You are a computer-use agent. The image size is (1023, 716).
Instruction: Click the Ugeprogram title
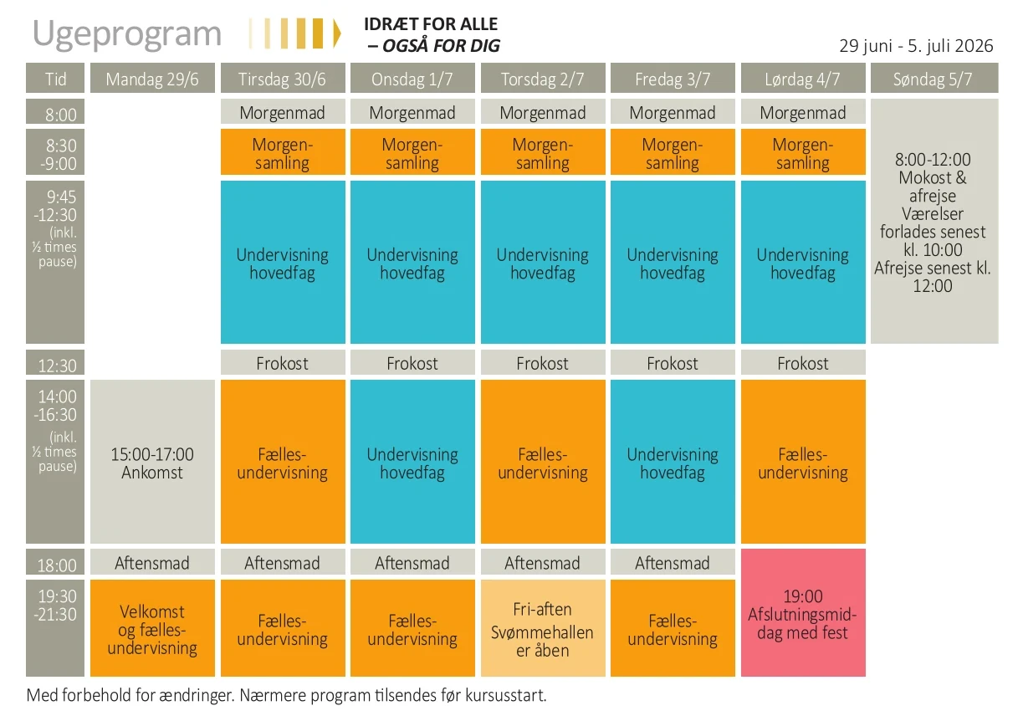pos(127,34)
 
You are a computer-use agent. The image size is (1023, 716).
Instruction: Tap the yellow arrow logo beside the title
pos(295,33)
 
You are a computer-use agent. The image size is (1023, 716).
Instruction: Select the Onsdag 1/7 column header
pos(412,79)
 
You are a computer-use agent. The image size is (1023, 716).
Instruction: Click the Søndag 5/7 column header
pos(933,79)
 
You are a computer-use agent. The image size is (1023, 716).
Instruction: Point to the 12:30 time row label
pos(56,365)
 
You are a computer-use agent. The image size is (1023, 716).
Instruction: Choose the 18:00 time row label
pos(56,565)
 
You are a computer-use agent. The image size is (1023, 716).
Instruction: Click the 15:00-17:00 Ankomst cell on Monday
pos(152,463)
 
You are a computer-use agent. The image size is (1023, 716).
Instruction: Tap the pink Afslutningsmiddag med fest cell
pos(802,613)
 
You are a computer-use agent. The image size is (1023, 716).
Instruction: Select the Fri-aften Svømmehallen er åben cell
pos(542,629)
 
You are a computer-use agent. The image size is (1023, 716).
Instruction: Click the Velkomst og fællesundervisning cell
pos(152,629)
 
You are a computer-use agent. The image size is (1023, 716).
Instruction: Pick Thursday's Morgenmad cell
pos(542,113)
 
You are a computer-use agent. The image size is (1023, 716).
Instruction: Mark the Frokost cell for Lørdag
pos(802,363)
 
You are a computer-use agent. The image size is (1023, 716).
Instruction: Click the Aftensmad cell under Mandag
pos(152,563)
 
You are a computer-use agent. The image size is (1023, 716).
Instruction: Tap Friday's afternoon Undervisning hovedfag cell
pos(673,463)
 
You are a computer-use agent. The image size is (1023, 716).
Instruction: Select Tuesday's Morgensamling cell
pos(283,153)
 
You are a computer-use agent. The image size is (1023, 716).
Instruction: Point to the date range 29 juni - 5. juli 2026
pos(916,45)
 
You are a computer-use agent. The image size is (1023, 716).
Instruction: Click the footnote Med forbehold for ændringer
pos(286,695)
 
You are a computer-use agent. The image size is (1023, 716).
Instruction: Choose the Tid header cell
pos(56,79)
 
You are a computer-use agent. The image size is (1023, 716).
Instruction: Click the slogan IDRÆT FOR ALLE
pos(431,24)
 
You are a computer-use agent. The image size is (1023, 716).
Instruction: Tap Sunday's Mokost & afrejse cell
pos(933,222)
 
